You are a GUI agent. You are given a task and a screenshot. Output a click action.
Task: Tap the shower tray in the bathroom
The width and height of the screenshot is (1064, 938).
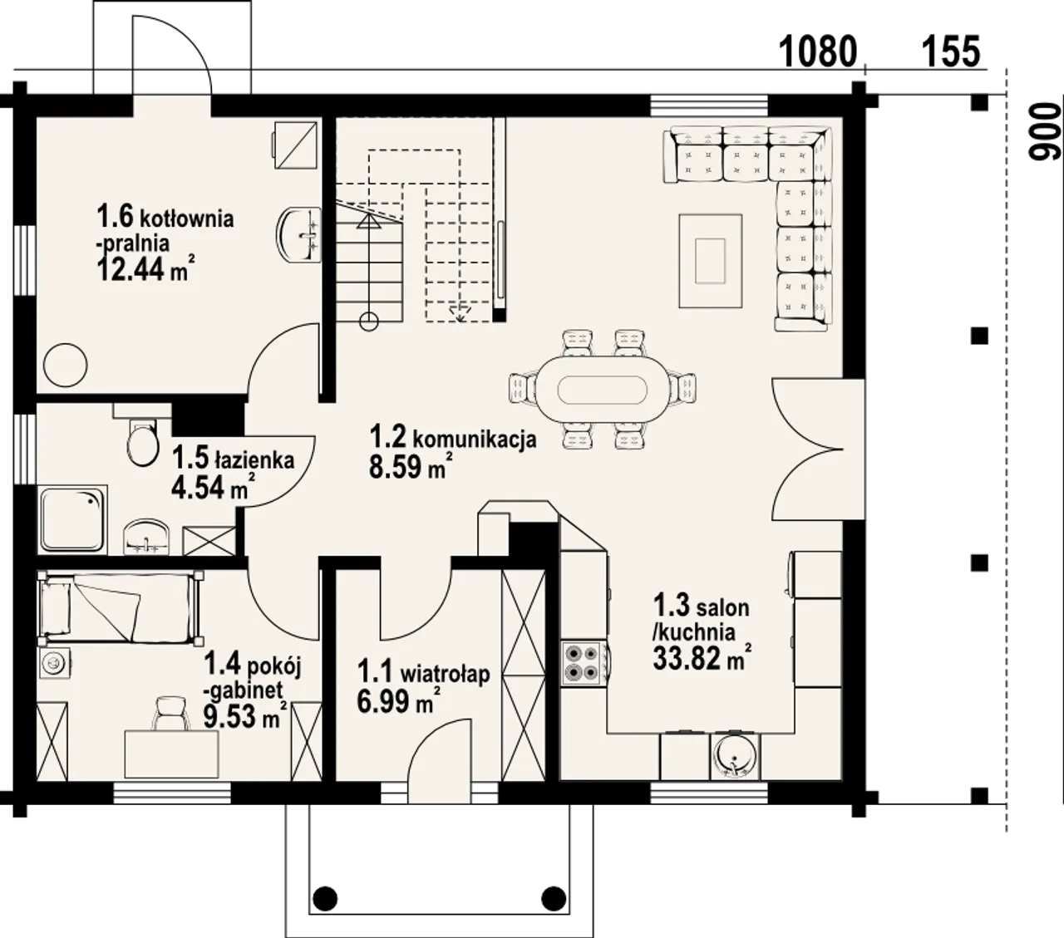(72, 519)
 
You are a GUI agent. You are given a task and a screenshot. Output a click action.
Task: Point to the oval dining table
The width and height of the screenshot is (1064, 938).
(603, 390)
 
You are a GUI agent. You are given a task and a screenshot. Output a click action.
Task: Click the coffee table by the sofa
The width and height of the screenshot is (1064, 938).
(710, 260)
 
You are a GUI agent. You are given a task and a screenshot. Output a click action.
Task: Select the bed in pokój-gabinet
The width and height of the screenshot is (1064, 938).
(120, 608)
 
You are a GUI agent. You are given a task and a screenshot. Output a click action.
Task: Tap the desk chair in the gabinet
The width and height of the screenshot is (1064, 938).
(170, 713)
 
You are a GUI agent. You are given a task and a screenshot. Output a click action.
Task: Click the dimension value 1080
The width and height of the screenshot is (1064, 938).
(817, 52)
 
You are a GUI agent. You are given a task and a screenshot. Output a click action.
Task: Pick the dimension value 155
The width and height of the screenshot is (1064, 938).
(952, 52)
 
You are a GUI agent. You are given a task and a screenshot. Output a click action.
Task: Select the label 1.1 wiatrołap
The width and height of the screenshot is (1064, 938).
(423, 673)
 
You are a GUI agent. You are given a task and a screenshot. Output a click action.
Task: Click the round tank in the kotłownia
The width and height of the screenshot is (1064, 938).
(65, 366)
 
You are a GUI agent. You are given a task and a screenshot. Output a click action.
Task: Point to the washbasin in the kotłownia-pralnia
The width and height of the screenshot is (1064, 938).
(298, 234)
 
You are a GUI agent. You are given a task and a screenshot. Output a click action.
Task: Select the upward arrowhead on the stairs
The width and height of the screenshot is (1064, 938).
(369, 221)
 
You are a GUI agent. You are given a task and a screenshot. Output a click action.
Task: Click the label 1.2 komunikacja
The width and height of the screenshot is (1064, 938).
(453, 438)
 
